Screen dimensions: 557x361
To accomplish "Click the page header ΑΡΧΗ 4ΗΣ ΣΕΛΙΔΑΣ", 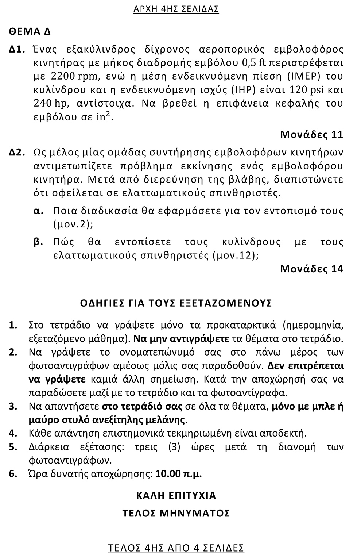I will point(176,9).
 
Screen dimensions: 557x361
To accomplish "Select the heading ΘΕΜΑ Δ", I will point(30,31).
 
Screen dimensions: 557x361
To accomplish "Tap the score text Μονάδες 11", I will point(311,134).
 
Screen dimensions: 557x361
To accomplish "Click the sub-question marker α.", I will point(38,211).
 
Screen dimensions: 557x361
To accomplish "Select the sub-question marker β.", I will point(38,242).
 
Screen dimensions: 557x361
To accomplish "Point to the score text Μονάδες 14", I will point(311,269).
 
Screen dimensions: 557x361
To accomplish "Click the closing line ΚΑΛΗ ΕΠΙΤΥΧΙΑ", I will point(176,495).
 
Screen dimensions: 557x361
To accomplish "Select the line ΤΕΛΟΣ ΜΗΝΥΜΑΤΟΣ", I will point(176,513).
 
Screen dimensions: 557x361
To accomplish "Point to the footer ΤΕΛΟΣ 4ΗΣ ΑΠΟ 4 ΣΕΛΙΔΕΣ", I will point(176,548).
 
